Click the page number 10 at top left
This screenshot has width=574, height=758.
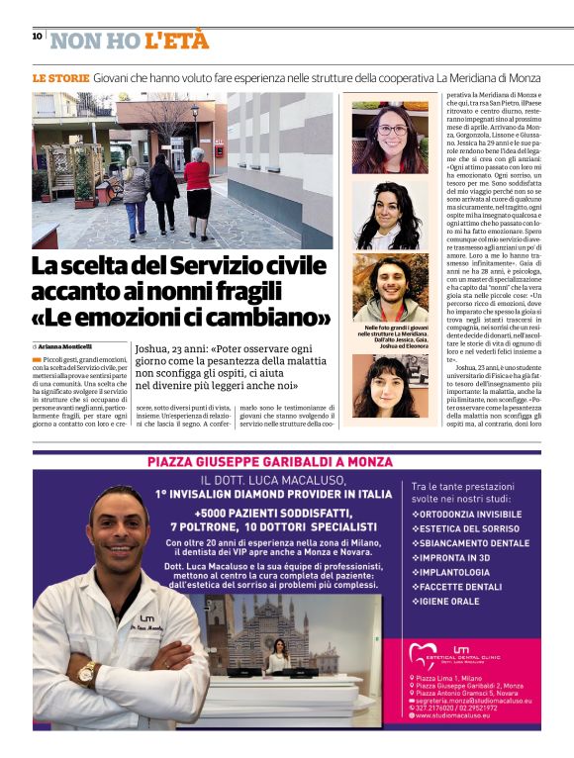(x=37, y=37)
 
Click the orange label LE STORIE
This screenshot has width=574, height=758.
(x=60, y=76)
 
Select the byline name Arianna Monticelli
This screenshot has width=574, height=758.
(x=64, y=346)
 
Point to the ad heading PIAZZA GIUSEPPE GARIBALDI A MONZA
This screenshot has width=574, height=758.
(x=287, y=462)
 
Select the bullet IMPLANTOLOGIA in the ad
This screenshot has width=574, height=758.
(x=455, y=571)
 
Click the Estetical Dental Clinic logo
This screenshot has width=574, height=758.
(x=461, y=656)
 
